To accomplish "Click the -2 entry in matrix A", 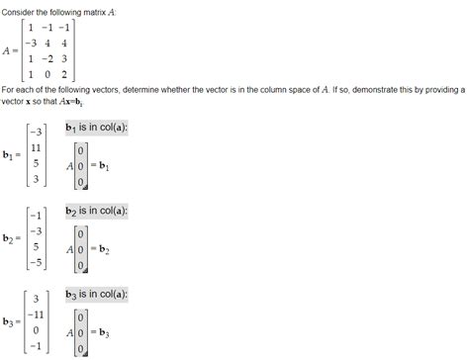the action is [48, 57].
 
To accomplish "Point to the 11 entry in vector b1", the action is [38, 145].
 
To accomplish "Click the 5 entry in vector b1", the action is [38, 162].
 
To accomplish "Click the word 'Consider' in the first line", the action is [18, 8].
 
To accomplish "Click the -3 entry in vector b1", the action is [37, 130].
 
